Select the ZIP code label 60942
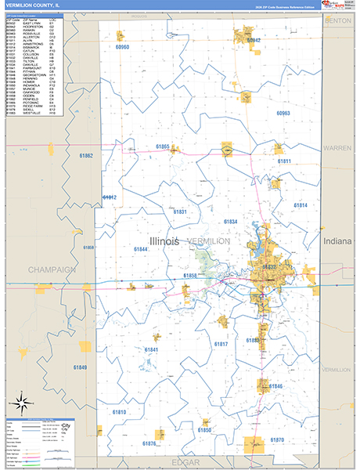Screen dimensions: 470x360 coord(253,40)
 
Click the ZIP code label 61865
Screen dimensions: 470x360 coord(163,146)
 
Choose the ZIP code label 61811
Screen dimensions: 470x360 coord(284,161)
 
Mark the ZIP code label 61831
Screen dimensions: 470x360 coord(180,212)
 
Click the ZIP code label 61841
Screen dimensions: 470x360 coord(151,349)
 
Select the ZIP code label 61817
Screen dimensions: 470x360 coord(221,345)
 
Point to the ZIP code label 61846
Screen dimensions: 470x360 coord(275,387)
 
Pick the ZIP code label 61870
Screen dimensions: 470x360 coord(276,440)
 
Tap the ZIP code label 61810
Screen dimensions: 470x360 coord(119,412)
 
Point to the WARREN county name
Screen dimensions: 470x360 coord(337,147)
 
